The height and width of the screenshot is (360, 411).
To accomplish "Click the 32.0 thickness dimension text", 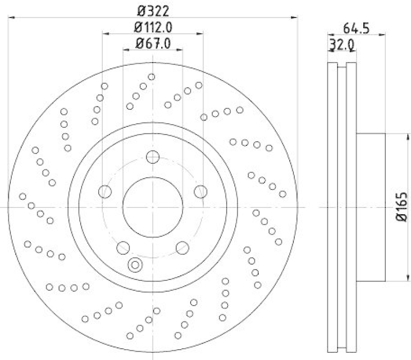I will tap(341, 45).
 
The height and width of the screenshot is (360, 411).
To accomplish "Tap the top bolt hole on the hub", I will tap(153, 157).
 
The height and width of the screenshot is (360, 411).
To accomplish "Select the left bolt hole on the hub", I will tap(105, 192).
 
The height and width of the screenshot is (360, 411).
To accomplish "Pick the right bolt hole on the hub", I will tap(200, 192).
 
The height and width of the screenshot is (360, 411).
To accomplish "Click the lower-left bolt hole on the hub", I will tap(123, 248).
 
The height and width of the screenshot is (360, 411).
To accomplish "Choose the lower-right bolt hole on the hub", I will tap(182, 248).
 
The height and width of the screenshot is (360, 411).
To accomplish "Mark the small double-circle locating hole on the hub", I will tap(135, 265).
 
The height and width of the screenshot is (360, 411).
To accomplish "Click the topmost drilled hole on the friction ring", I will tap(152, 77).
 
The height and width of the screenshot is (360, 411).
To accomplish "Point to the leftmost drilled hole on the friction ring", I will tap(23, 196).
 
